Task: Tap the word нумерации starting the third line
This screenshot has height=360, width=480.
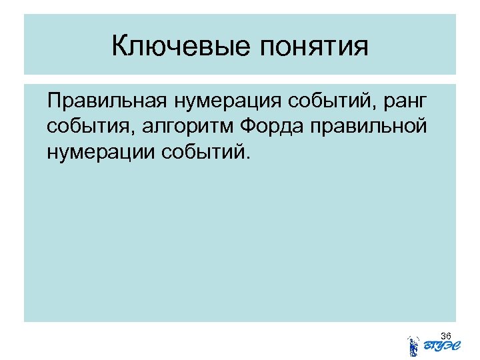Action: coord(101,153)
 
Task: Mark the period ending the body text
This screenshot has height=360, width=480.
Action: coord(251,158)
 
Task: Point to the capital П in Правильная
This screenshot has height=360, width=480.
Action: coord(54,101)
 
